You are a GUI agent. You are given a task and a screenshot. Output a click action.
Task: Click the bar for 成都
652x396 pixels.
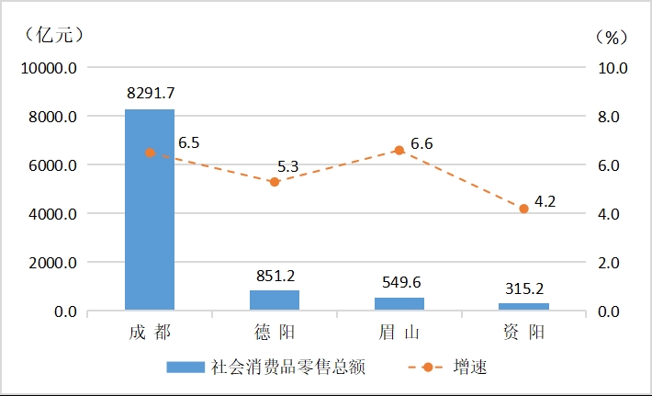150,209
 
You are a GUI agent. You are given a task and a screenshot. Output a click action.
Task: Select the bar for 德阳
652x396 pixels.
275,300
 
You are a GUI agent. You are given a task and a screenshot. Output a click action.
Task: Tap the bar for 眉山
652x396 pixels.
399,304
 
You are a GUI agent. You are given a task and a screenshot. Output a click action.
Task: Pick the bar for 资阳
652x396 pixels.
523,307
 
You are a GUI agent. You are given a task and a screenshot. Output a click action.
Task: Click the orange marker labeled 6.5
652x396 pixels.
150,153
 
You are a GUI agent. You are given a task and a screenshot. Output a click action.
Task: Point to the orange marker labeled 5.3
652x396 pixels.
275,182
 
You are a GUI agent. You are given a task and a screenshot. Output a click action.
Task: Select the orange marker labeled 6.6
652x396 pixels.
399,150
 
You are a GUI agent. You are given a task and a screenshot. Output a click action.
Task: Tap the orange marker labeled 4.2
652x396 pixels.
523,209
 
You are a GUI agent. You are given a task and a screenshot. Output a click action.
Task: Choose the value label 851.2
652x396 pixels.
275,275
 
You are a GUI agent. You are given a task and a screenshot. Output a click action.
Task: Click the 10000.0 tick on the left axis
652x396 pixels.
46,68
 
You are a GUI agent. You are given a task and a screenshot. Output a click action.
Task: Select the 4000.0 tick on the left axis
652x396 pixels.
50,214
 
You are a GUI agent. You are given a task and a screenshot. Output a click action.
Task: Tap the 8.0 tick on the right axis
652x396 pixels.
611,117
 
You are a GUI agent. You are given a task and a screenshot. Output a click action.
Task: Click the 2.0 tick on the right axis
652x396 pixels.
611,263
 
